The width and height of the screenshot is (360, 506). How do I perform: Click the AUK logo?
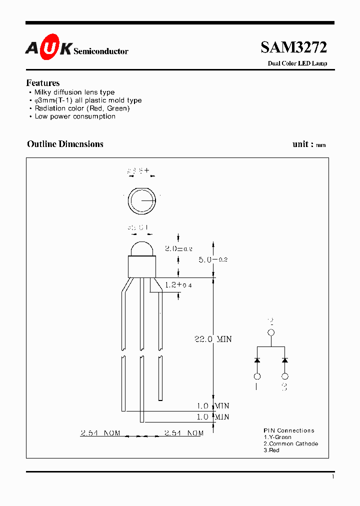point(48,48)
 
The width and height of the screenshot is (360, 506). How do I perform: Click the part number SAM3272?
point(293,47)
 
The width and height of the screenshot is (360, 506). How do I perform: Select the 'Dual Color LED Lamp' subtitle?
point(297,63)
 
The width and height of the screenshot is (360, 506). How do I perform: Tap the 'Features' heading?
point(43,83)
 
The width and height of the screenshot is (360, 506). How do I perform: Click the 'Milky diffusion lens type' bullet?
point(74,92)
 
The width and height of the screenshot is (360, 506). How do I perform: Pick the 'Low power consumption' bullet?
point(74,116)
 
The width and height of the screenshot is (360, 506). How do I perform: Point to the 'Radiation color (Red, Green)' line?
point(82,108)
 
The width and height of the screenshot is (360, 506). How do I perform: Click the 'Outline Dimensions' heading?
point(65,144)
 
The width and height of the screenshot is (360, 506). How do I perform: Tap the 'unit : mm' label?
point(309,144)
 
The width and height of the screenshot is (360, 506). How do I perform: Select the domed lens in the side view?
point(142,248)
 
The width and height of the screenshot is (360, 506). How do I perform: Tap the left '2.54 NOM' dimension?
point(100,433)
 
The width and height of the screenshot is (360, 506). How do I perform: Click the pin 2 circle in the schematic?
point(271,332)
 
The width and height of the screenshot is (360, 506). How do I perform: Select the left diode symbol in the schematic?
point(257,360)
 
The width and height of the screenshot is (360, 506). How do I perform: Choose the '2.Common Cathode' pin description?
point(290,444)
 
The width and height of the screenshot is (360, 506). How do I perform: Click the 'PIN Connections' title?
point(289,430)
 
